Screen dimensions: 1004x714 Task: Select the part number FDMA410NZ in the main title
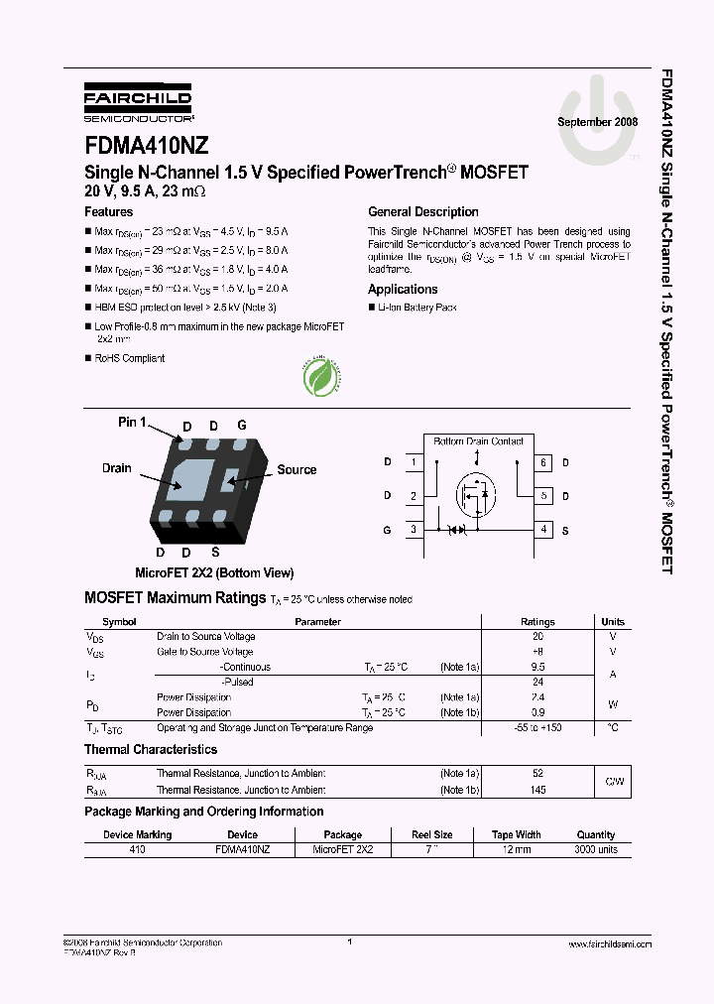[x=146, y=146]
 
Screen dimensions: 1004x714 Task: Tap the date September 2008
[x=597, y=121]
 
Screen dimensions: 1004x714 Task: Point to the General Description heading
[x=422, y=212]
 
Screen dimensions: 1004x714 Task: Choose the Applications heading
[x=403, y=290]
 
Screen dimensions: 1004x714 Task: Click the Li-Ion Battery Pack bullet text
[x=416, y=309]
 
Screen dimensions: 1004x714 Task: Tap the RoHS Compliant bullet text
[x=129, y=358]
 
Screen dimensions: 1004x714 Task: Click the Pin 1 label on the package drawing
[x=132, y=423]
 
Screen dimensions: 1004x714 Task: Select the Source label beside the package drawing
[x=297, y=469]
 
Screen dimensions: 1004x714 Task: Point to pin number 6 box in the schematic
[x=543, y=462]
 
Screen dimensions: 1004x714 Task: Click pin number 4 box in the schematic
[x=543, y=530]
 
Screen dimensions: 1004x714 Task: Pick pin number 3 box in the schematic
[x=414, y=530]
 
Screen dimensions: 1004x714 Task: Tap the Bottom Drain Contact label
[x=478, y=440]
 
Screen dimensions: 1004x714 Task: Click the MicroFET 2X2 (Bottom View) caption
[x=214, y=572]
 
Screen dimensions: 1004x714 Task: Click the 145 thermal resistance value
[x=538, y=790]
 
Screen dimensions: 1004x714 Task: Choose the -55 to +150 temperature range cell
[x=538, y=728]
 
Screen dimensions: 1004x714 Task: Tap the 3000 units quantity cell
[x=595, y=849]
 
